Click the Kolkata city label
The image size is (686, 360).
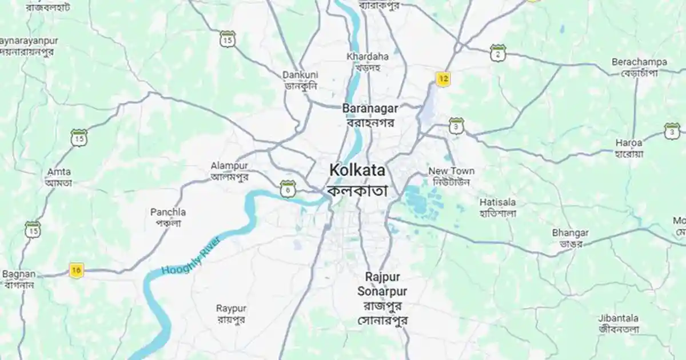357,171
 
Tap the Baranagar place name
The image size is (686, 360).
370,107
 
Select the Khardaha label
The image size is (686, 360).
368,57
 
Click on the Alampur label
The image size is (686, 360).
229,166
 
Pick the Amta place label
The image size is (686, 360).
59,171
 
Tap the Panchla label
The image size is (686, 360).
168,212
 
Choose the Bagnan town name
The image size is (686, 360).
19,274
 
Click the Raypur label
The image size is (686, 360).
231,308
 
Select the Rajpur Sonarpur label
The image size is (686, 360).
382,284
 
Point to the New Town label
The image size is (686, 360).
451,171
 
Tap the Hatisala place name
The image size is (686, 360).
497,202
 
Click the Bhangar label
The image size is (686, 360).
570,233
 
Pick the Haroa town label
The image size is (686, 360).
629,142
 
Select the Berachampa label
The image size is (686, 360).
639,61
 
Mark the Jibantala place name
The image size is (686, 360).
619,318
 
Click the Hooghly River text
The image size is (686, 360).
191,255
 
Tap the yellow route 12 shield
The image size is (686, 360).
442,79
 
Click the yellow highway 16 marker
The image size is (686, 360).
76,270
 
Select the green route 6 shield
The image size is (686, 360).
288,187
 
